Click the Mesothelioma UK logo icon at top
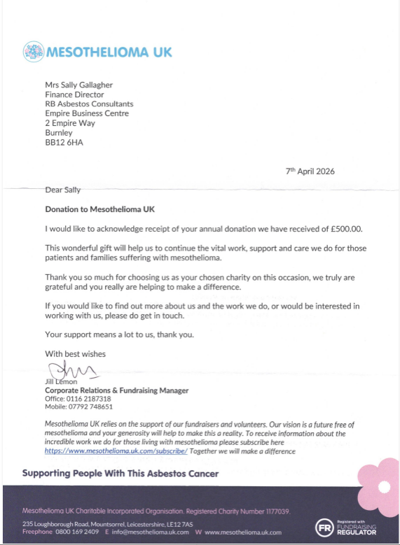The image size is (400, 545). click(x=33, y=51)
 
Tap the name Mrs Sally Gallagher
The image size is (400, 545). click(x=79, y=85)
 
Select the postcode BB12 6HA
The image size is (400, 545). click(x=62, y=142)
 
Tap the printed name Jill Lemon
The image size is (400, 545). click(x=61, y=381)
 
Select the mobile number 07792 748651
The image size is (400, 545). click(x=90, y=406)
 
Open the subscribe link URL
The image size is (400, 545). click(x=116, y=451)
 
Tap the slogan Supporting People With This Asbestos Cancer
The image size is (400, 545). click(x=120, y=474)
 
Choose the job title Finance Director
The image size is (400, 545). click(x=74, y=94)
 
